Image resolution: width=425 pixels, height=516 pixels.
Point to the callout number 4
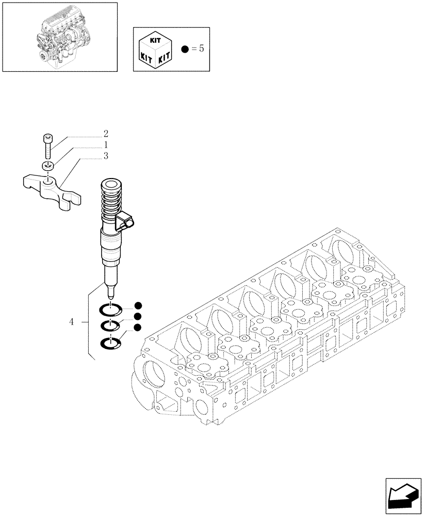pyautogui.click(x=71, y=322)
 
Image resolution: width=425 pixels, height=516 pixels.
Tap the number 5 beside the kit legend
pyautogui.click(x=202, y=50)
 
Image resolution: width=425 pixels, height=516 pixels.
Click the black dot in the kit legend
pyautogui.click(x=185, y=50)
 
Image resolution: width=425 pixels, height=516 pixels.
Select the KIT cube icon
pyautogui.click(x=155, y=49)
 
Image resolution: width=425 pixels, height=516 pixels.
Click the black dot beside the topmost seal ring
pyautogui.click(x=138, y=305)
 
